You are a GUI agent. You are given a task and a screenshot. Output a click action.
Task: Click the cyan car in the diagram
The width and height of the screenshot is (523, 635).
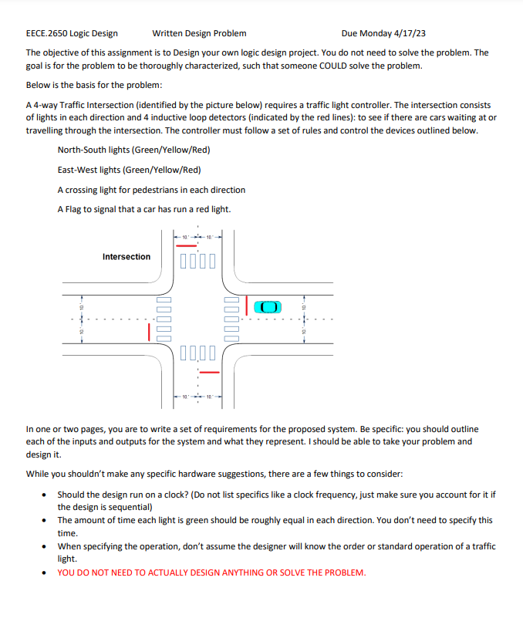266,306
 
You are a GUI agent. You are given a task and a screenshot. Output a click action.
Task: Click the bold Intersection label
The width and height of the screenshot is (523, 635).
127,256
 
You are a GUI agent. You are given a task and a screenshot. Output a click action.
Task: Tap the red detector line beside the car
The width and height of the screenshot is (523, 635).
246,306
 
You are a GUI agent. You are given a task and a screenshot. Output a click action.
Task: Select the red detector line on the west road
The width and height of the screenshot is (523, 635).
150,332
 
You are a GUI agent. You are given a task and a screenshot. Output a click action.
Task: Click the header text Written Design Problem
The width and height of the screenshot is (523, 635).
200,33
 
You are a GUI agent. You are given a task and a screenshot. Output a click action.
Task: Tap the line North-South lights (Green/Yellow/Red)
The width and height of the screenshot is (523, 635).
133,149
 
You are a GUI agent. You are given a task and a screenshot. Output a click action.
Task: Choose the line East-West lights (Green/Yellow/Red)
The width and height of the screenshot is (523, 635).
129,169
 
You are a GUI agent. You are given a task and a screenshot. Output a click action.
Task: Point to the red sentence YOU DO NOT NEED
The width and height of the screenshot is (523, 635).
211,573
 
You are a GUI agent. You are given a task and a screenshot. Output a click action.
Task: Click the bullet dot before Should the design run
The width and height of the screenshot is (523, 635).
47,495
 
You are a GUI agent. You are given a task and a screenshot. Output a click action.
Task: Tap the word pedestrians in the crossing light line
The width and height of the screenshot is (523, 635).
174,189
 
